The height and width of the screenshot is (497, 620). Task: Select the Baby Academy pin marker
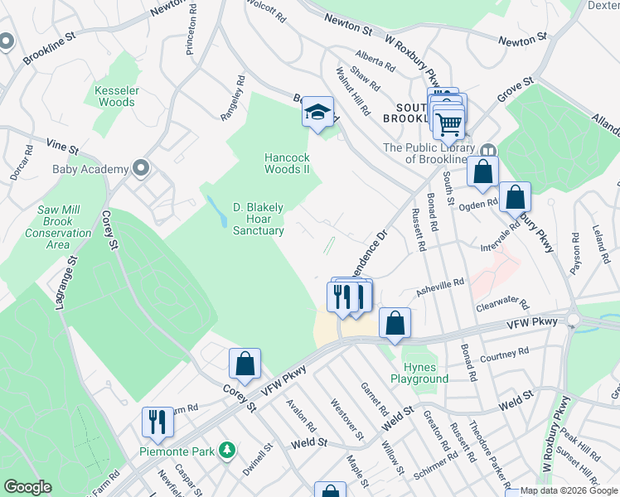click(x=140, y=169)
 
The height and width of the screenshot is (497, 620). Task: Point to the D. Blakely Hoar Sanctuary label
click(x=258, y=219)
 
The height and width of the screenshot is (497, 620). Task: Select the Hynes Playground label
click(x=425, y=373)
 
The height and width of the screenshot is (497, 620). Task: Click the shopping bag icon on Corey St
click(x=245, y=363)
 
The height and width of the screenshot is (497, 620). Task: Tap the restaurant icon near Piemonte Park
click(x=157, y=421)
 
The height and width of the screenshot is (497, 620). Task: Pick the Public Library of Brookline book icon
click(x=488, y=152)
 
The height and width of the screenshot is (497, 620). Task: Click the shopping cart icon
click(x=448, y=123)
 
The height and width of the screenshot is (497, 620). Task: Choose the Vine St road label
click(x=62, y=147)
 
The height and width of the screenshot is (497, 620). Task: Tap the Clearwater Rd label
click(x=502, y=305)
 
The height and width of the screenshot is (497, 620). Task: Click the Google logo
click(x=28, y=488)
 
